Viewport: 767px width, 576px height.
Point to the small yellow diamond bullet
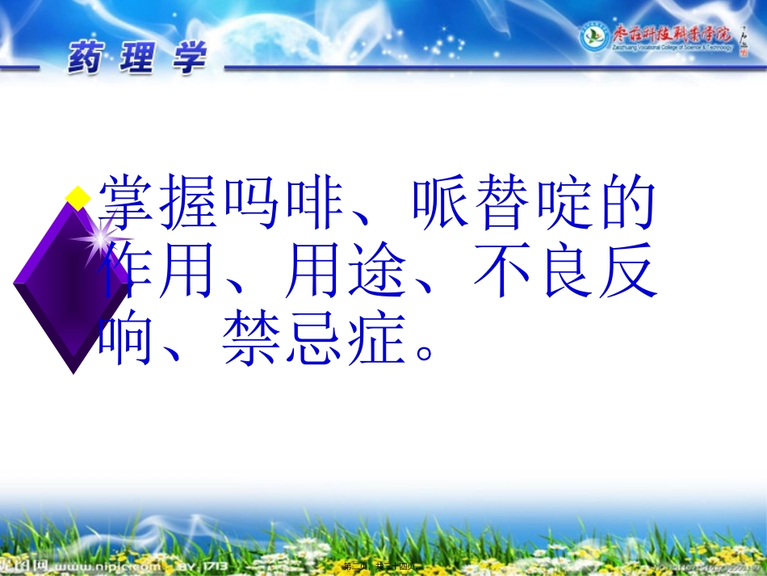[78, 196]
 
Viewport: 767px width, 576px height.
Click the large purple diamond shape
[71, 283]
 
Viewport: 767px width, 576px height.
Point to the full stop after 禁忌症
[425, 353]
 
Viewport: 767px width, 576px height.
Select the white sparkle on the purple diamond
[100, 238]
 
